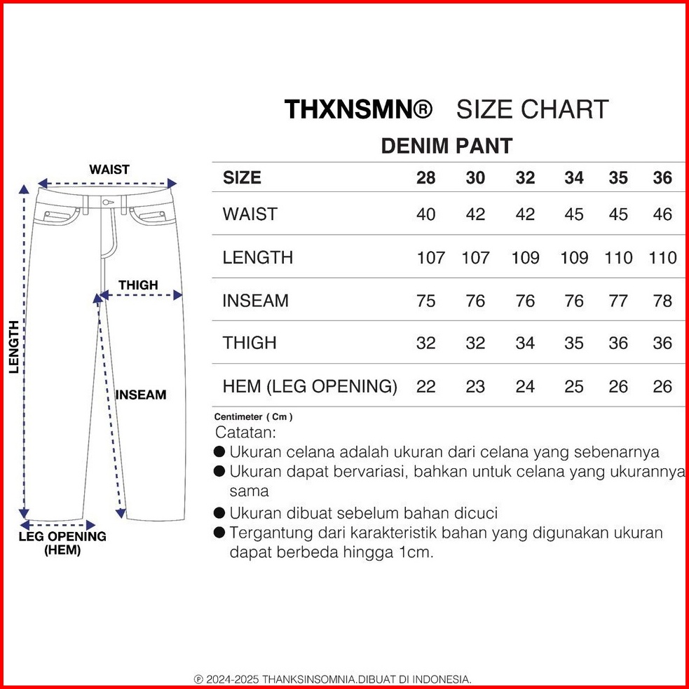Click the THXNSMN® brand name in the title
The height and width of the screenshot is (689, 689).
click(358, 109)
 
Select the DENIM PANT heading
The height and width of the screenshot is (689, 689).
click(446, 146)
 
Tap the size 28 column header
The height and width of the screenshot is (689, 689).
click(425, 178)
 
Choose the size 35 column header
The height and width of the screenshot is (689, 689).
click(618, 178)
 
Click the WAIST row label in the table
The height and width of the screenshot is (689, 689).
click(250, 214)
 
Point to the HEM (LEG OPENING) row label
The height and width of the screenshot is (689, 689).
click(310, 386)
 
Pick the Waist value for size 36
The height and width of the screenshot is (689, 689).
click(662, 214)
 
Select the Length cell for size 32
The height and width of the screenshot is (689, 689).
click(525, 257)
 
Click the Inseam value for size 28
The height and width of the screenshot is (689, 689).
click(425, 301)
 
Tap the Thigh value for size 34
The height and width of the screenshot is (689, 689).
click(573, 343)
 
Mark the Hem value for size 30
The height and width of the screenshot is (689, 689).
click(475, 386)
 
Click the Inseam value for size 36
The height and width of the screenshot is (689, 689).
click(662, 301)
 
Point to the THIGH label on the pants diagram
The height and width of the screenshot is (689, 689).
click(138, 285)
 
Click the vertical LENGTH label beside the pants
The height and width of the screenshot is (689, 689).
click(13, 347)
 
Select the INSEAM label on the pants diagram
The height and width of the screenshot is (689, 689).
click(141, 395)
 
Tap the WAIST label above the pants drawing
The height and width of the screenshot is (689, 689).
click(109, 169)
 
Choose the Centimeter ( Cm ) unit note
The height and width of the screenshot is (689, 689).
click(254, 417)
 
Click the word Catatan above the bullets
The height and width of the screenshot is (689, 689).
click(245, 432)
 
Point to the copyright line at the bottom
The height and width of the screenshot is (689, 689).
click(332, 679)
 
